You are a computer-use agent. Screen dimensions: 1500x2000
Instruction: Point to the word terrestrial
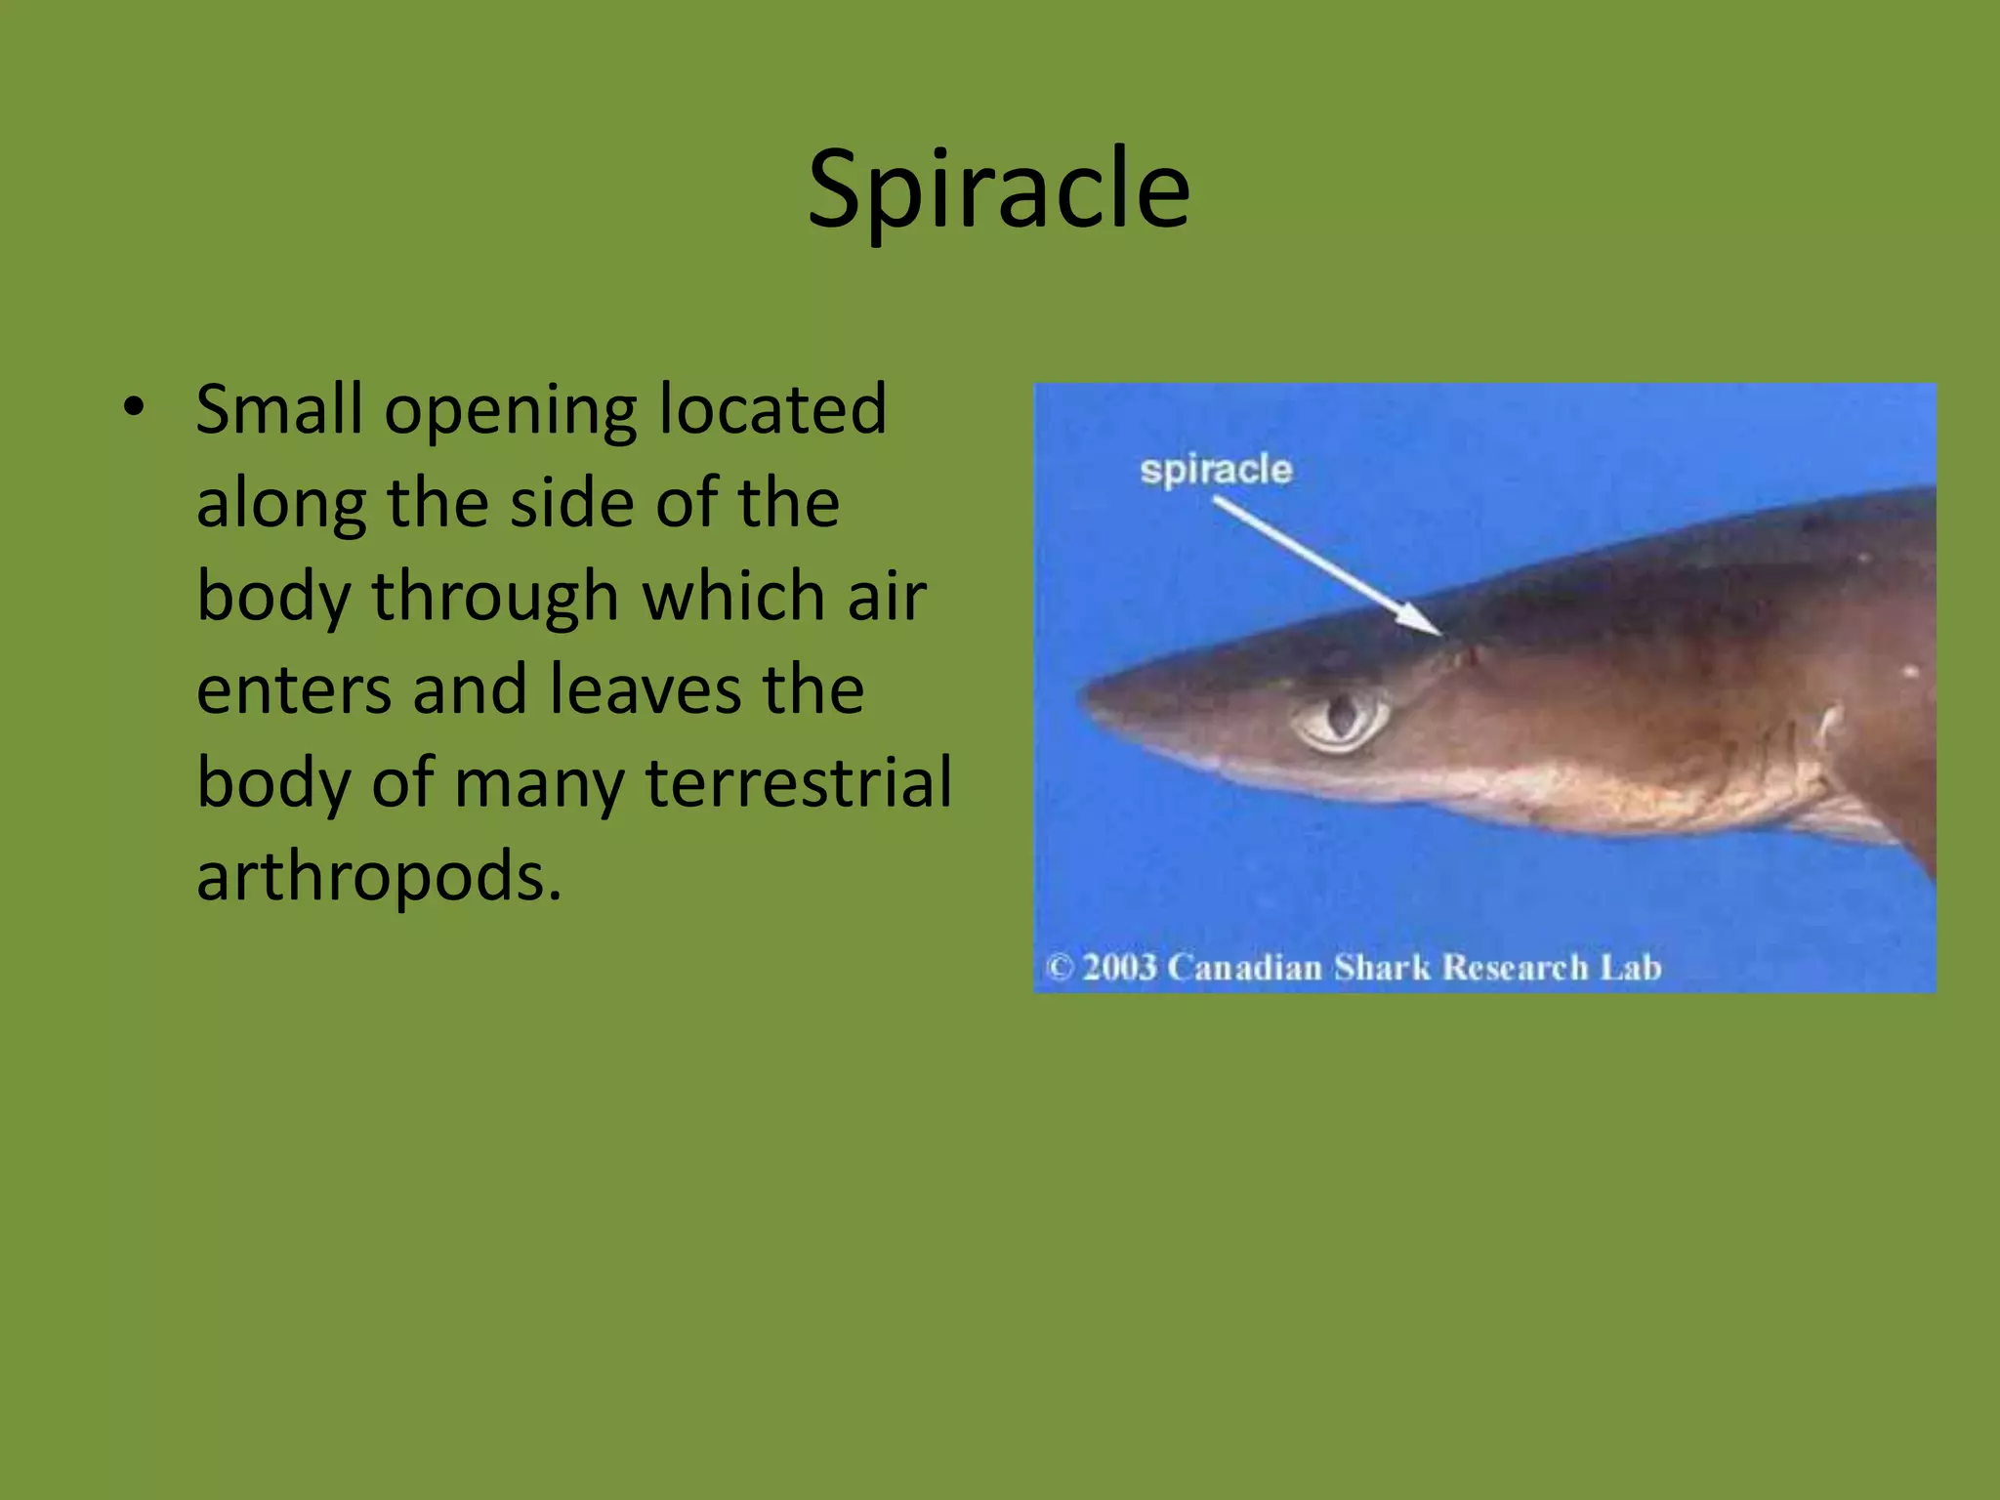pos(799,782)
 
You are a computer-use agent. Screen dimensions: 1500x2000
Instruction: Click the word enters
pos(292,690)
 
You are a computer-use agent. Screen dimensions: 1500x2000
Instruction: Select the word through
pos(495,597)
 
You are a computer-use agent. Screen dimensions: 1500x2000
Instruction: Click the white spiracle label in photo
pos(1216,470)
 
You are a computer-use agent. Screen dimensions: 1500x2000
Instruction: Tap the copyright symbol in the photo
pos(1060,967)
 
